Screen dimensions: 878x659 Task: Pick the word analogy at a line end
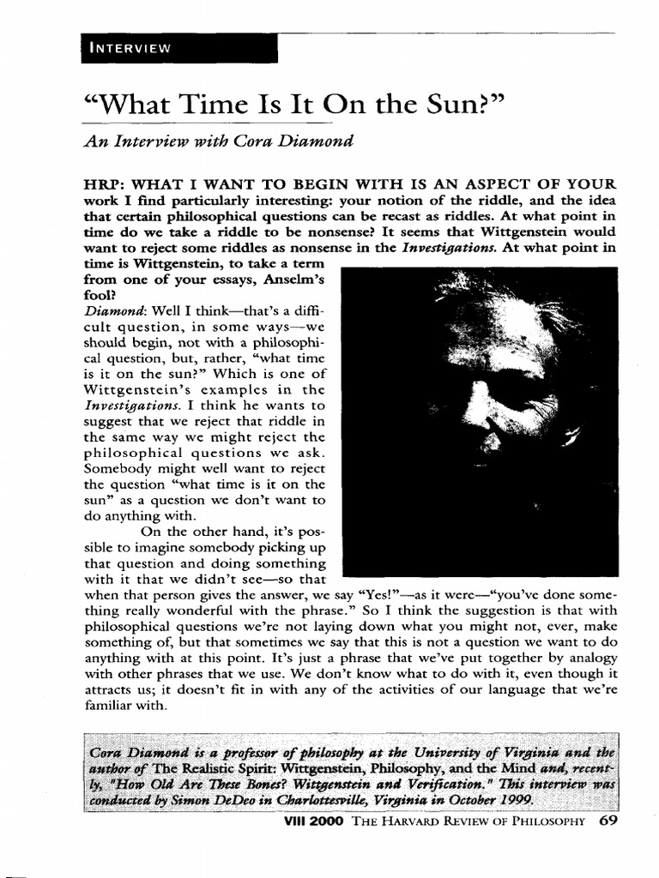tap(592, 658)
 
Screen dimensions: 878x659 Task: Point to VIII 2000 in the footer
tap(318, 821)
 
